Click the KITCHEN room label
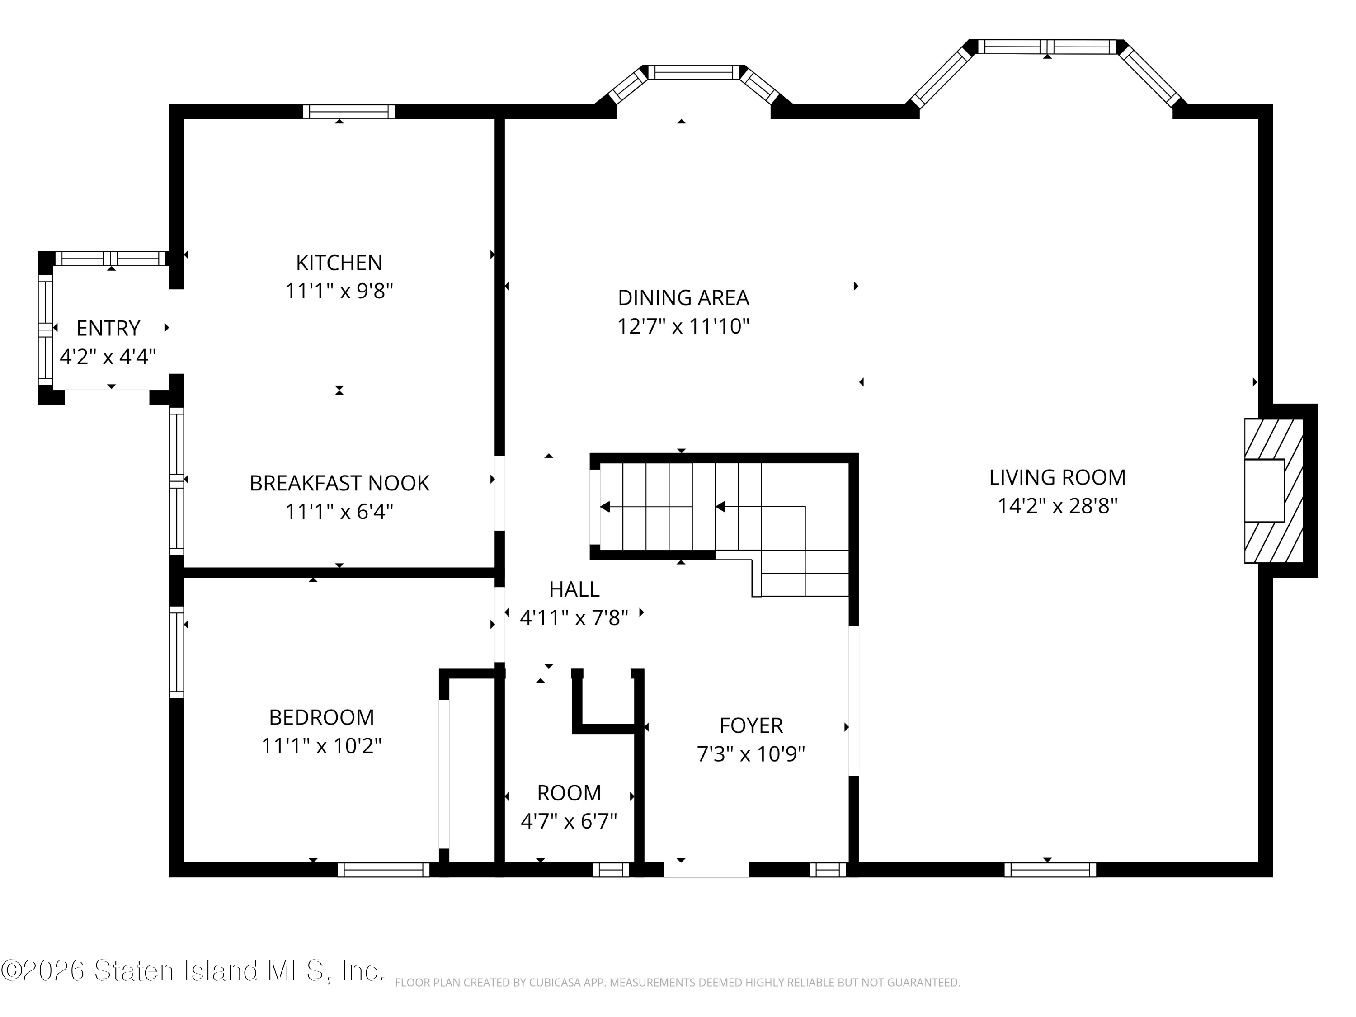coord(339,263)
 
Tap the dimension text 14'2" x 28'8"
coord(1058,506)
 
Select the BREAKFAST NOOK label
coord(339,483)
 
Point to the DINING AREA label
coord(683,298)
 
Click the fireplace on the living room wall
coord(1273,490)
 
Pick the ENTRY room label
coord(108,329)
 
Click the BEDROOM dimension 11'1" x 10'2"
coord(321,746)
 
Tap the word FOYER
coord(751,726)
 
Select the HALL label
coord(574,589)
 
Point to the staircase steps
coord(720,521)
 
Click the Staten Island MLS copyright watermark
coord(193,970)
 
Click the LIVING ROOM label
coord(1058,478)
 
